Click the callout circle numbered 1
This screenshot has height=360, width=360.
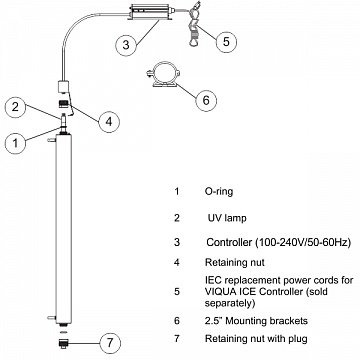[x=16, y=143]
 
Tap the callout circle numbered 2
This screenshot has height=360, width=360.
[x=16, y=107]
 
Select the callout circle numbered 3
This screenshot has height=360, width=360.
[x=126, y=45]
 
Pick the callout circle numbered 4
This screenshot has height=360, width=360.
[x=109, y=122]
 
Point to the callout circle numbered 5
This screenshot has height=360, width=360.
[x=226, y=42]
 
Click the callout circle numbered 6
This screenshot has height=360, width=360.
[x=206, y=100]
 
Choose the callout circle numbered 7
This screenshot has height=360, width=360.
[x=110, y=342]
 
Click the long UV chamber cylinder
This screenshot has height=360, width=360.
[x=64, y=228]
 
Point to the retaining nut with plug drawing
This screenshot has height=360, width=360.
[x=64, y=343]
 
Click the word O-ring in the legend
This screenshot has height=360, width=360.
[x=219, y=192]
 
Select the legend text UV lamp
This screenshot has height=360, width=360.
[x=227, y=218]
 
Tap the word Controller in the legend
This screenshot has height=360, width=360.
[x=229, y=242]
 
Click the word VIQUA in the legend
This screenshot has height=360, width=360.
[x=220, y=292]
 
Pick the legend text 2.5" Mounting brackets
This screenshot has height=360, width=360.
[x=256, y=321]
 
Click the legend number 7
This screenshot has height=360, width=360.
[x=177, y=339]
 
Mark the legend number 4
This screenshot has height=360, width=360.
[x=177, y=262]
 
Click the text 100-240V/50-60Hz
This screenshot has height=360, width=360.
[x=303, y=242]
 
